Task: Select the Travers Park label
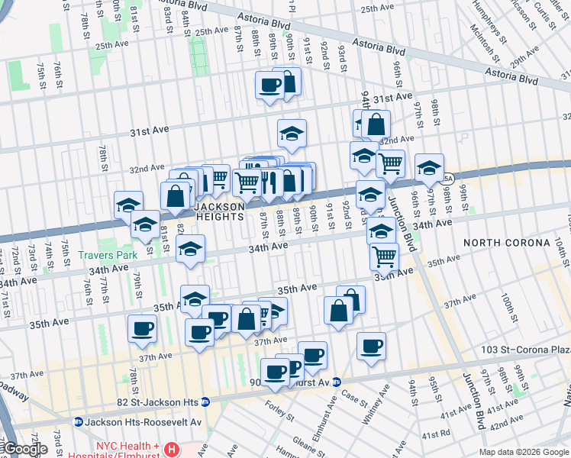pyautogui.click(x=110, y=256)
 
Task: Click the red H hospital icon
pyautogui.click(x=173, y=450)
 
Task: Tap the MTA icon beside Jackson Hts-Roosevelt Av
pyautogui.click(x=77, y=421)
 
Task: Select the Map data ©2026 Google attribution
pyautogui.click(x=524, y=452)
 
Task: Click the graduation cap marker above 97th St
pyautogui.click(x=429, y=167)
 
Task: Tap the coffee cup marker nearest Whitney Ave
pyautogui.click(x=371, y=346)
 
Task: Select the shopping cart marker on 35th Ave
pyautogui.click(x=384, y=256)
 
